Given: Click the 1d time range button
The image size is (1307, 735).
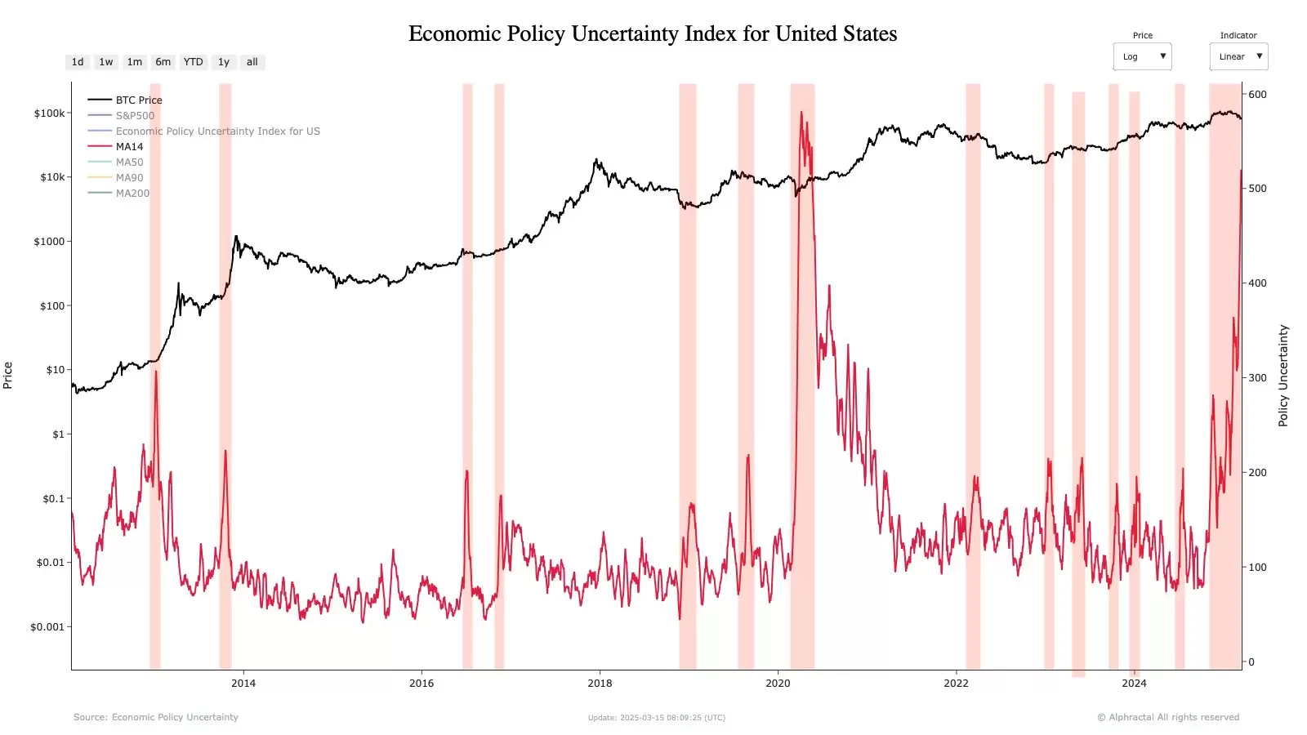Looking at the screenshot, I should (78, 62).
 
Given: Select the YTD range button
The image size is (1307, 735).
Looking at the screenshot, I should (193, 62).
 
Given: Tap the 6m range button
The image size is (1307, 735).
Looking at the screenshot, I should (163, 62).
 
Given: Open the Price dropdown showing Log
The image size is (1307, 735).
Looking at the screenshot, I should (1142, 56).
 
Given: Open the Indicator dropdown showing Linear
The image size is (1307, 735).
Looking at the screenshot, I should (1238, 56).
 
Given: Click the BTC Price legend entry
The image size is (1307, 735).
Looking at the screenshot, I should (138, 100).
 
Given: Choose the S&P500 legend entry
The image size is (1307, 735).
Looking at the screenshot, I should (135, 116).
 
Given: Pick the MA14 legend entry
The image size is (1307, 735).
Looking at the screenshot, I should (129, 147).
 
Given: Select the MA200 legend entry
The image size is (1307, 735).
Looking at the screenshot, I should (132, 194).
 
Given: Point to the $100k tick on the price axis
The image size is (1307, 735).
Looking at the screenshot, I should (49, 114).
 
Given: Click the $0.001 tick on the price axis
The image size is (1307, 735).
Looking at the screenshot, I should (47, 627).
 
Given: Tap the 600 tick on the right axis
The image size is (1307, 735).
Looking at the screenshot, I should (1257, 95).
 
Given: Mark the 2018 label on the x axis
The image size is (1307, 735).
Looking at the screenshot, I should (600, 684).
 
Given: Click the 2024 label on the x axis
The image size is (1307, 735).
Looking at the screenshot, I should (1134, 684).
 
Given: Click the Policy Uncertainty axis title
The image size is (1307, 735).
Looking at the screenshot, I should (1283, 376).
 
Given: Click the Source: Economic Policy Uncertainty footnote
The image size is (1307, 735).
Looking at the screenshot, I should (156, 717).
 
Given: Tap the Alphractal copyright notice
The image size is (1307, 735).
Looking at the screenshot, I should (1168, 717).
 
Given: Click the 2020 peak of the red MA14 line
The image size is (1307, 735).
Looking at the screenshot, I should (801, 112).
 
